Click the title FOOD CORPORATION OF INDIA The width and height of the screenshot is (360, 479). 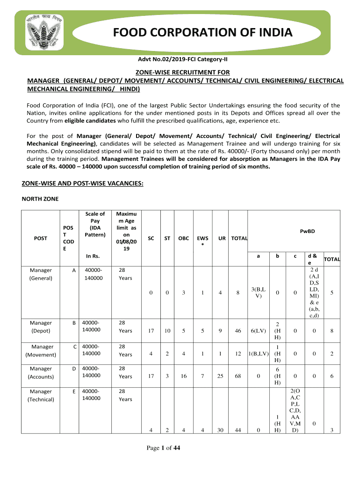pyautogui.click(x=203, y=33)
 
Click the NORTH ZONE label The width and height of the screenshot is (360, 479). pyautogui.click(x=40, y=199)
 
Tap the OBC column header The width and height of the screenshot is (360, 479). pyautogui.click(x=184, y=238)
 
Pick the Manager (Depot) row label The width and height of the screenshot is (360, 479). pyautogui.click(x=41, y=327)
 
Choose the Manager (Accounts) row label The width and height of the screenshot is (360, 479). pyautogui.click(x=41, y=372)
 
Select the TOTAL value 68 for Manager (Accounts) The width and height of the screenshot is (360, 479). pyautogui.click(x=238, y=376)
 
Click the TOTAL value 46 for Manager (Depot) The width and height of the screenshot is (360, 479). pyautogui.click(x=238, y=331)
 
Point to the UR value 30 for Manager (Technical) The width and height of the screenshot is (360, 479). pyautogui.click(x=220, y=431)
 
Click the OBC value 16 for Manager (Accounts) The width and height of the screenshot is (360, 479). pyautogui.click(x=184, y=376)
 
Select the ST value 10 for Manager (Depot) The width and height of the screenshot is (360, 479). pyautogui.click(x=167, y=331)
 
